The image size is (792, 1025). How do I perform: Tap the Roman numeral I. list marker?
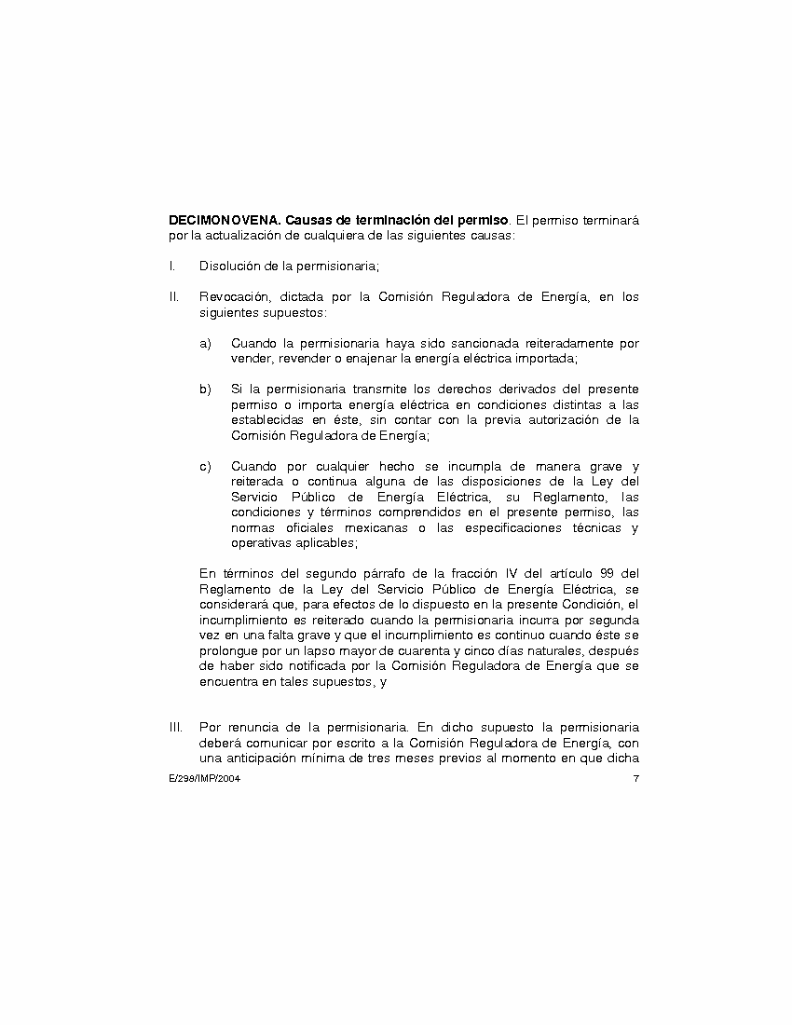172,266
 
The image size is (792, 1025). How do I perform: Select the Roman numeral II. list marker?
174,297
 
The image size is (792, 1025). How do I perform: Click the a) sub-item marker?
205,344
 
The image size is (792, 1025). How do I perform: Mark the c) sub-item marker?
205,466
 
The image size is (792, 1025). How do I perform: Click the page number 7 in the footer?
635,778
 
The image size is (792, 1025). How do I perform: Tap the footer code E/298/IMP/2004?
199,778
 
